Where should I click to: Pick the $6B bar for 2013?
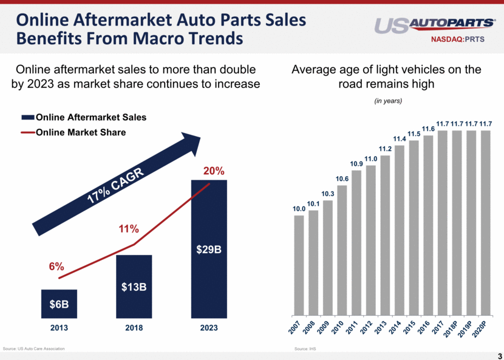pos(59,304)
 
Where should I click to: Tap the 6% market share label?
pos(57,267)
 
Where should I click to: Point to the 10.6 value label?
pos(342,178)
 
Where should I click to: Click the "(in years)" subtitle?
pos(387,101)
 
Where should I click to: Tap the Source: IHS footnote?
pos(305,349)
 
